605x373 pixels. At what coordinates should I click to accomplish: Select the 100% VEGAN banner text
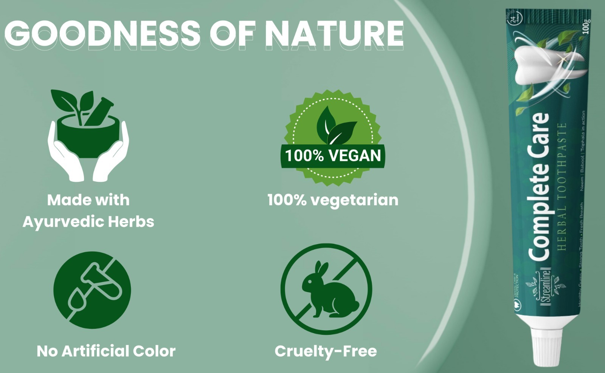coord(333,156)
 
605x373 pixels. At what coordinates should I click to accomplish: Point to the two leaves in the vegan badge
coord(335,125)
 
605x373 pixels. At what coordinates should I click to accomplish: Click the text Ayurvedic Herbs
coord(88,221)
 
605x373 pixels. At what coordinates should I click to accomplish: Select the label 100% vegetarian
coord(333,200)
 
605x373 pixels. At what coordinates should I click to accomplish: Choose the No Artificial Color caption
coord(106,351)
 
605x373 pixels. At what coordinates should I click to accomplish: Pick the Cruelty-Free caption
coord(326,351)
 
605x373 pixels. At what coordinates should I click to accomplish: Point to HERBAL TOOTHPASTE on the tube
coord(562,187)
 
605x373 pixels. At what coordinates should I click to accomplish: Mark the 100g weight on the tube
coord(586,26)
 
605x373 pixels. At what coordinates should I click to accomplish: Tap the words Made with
coord(88,200)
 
